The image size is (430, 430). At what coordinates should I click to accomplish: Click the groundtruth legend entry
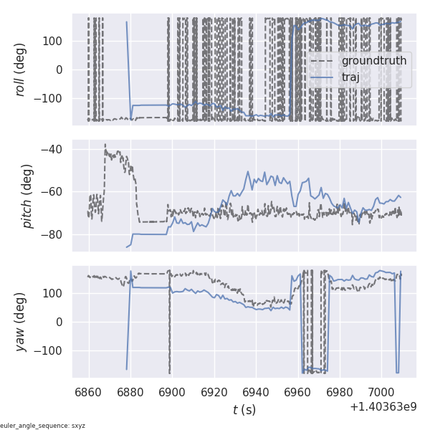click(x=373, y=61)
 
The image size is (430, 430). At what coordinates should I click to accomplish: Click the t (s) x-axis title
click(x=244, y=410)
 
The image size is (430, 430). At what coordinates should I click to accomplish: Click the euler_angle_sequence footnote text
click(x=43, y=426)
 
